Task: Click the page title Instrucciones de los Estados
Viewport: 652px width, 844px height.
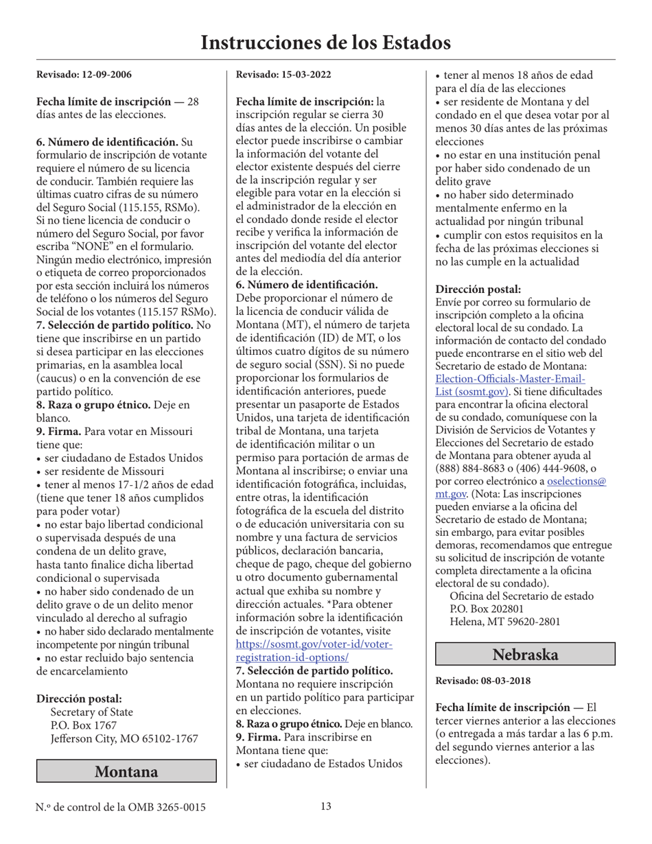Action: pos(325,43)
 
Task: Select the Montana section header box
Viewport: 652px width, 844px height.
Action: pos(126,771)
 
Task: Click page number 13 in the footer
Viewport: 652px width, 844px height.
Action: pos(326,807)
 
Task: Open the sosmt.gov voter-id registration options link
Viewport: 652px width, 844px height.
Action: pos(314,650)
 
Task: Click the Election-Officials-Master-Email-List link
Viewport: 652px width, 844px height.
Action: pos(511,385)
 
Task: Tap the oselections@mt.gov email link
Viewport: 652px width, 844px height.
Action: pos(577,487)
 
